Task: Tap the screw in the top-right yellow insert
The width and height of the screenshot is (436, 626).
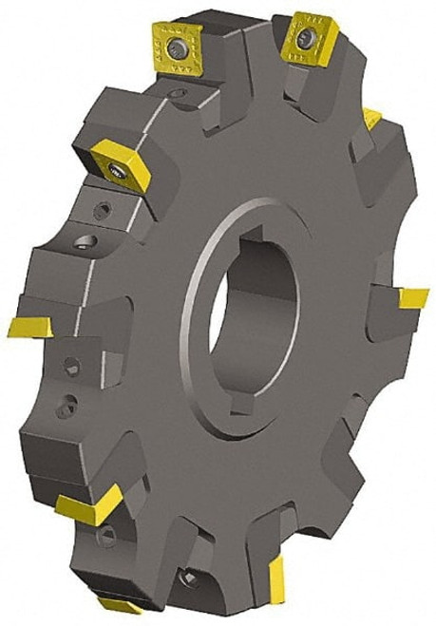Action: click(x=305, y=37)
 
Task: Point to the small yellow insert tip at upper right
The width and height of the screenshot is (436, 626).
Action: click(x=372, y=119)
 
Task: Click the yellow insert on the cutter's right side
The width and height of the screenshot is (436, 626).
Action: click(x=413, y=299)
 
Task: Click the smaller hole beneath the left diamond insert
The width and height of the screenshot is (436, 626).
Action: click(x=103, y=207)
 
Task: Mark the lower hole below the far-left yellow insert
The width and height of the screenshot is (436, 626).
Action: click(x=63, y=408)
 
